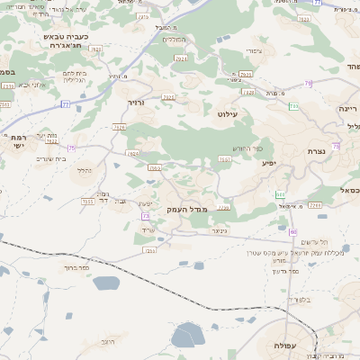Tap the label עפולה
click(x=294, y=346)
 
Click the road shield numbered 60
click(x=293, y=231)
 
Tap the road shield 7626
click(x=120, y=127)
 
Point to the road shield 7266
click(x=313, y=205)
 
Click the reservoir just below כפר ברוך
click(x=105, y=283)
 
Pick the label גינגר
click(x=218, y=229)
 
